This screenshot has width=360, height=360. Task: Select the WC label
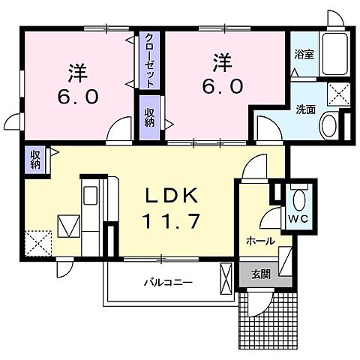pyautogui.click(x=298, y=219)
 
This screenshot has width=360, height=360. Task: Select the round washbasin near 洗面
pyautogui.click(x=328, y=127)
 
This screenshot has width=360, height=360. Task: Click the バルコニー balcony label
pyautogui.click(x=169, y=283)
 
